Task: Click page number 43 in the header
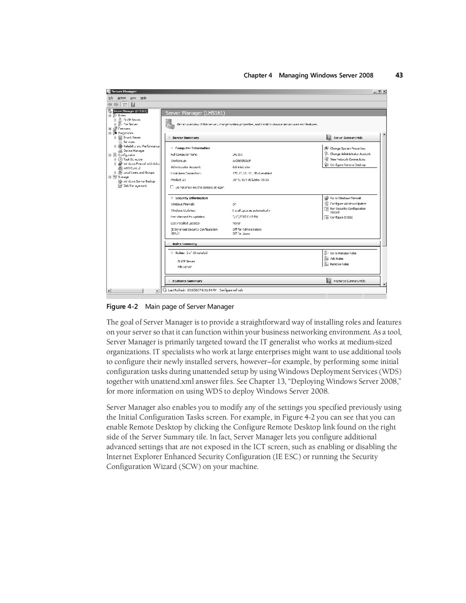(x=399, y=75)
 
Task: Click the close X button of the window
(x=385, y=91)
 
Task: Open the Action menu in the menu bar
(x=122, y=98)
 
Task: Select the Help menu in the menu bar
(x=143, y=98)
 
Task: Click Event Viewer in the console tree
(x=132, y=137)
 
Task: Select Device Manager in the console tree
(x=134, y=151)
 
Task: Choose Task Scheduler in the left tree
(x=133, y=159)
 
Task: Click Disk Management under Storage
(x=135, y=186)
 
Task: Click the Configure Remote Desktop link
(x=348, y=165)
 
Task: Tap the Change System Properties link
(x=347, y=148)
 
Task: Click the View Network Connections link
(x=347, y=159)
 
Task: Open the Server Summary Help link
(x=348, y=137)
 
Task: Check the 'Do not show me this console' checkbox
(x=172, y=187)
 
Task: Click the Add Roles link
(x=336, y=258)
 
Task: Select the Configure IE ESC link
(x=341, y=218)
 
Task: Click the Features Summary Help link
(x=349, y=281)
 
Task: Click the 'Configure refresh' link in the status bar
(x=231, y=290)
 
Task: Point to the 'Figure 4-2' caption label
(x=122, y=307)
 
